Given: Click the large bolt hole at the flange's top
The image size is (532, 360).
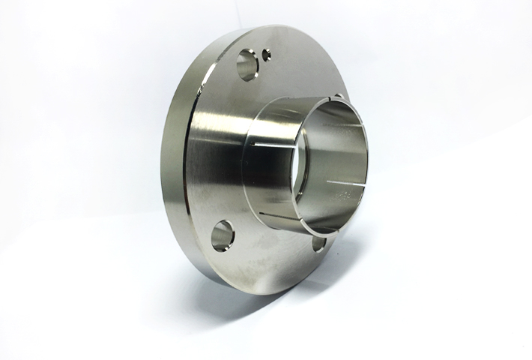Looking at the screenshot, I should click(246, 65).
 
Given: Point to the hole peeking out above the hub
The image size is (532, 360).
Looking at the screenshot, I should click(338, 97).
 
